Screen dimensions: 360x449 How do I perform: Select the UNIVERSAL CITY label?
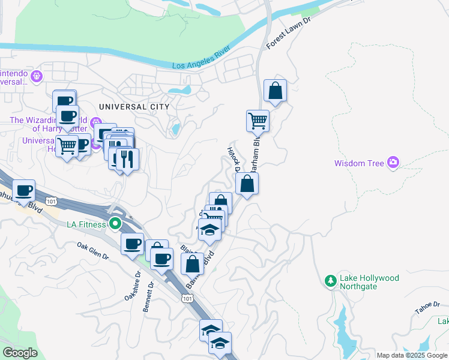click(134, 106)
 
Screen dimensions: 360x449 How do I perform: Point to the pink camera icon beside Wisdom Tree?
click(393, 162)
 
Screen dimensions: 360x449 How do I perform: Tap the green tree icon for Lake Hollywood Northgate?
click(330, 280)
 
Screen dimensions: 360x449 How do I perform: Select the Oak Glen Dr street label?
click(92, 251)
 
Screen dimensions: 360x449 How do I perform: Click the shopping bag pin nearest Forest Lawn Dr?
click(275, 91)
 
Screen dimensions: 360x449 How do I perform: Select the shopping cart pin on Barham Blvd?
click(258, 121)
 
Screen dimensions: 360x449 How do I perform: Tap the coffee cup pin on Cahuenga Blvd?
click(23, 191)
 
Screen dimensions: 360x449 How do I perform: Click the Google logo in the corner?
click(20, 353)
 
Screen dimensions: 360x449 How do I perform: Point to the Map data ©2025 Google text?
click(412, 356)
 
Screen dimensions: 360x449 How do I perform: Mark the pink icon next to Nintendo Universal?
click(37, 76)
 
